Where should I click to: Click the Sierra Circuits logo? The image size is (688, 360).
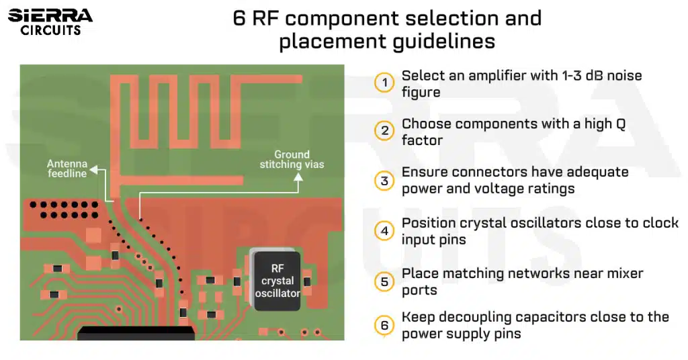pos(50,21)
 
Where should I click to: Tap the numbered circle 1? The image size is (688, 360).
pos(384,83)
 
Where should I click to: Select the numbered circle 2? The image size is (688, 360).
pos(384,131)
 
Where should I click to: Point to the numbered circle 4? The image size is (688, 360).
pos(384,231)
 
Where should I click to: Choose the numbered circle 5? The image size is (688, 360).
pos(384,281)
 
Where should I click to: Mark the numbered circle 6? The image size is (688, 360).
pos(384,325)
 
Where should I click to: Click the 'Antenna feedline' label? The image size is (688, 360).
pos(67,169)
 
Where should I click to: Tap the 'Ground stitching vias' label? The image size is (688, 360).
pos(292,159)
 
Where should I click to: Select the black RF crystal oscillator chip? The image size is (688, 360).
pos(277,280)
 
